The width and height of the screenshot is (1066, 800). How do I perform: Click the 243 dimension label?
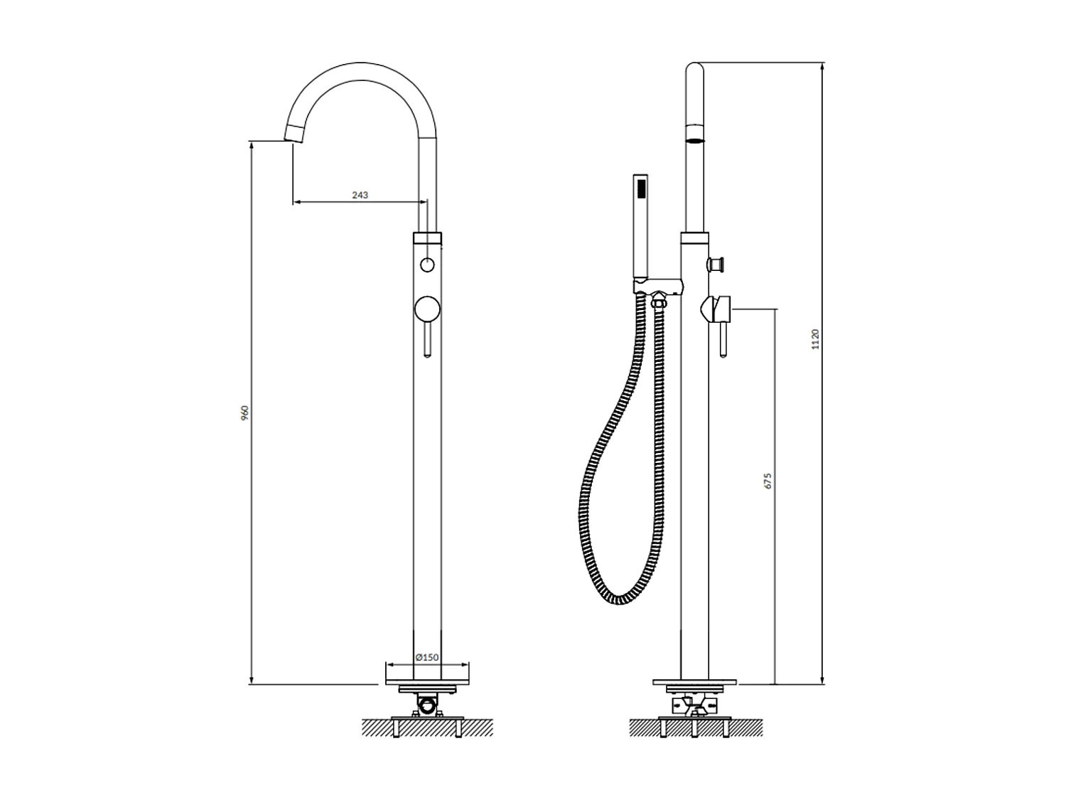click(x=360, y=195)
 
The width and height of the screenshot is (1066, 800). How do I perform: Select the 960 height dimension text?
click(x=245, y=412)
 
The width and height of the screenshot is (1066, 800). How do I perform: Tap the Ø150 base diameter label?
click(x=427, y=657)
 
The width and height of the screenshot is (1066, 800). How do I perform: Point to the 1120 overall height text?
click(x=815, y=339)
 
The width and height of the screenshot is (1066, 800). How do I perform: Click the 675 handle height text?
click(x=768, y=481)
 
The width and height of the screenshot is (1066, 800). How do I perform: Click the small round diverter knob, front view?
click(x=427, y=265)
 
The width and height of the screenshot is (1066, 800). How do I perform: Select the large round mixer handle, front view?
click(x=427, y=309)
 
